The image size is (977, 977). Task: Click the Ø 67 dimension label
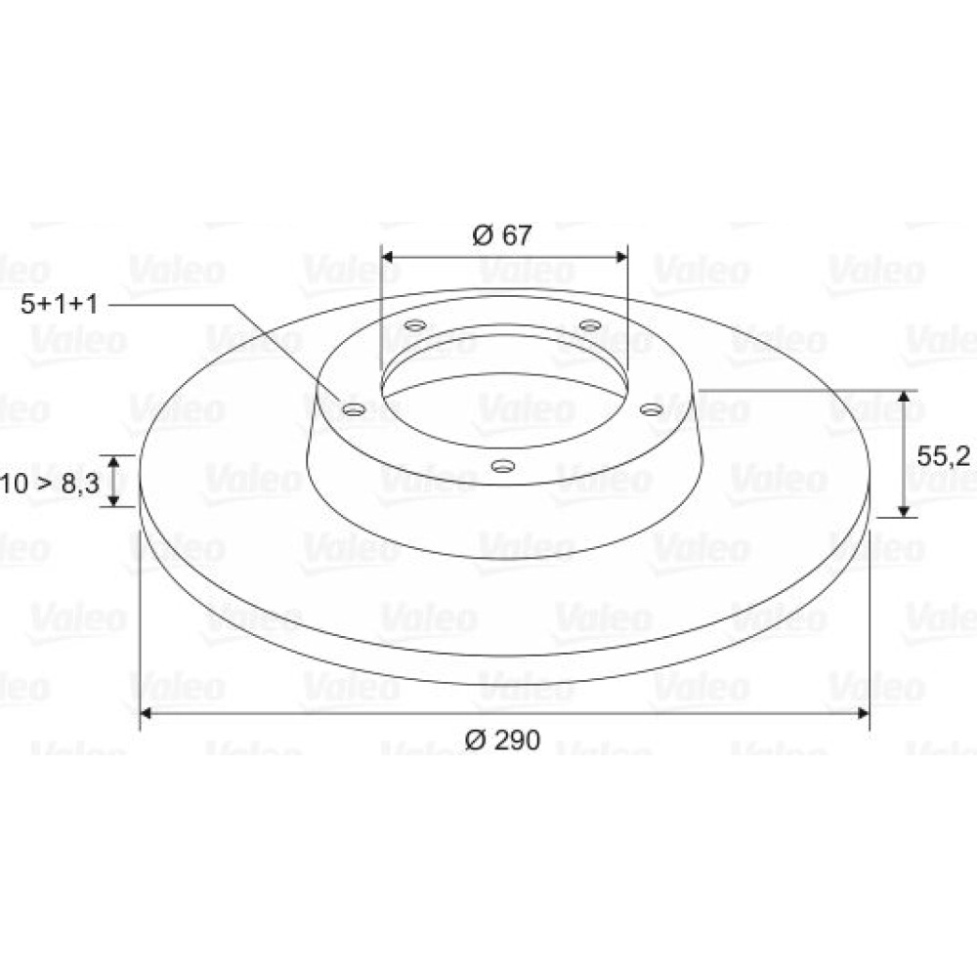pos(502,235)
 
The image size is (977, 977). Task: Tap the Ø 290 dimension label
pos(502,740)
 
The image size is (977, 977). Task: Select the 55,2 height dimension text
pos(944,456)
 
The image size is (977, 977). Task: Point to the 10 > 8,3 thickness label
pos(49,484)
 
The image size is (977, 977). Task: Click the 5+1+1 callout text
pos(60,305)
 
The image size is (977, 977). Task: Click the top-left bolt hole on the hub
pos(415,325)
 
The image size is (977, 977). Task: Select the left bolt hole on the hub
pos(355,410)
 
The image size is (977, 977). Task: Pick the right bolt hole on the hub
pos(652,409)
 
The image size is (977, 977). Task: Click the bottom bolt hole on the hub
pos(503,465)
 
